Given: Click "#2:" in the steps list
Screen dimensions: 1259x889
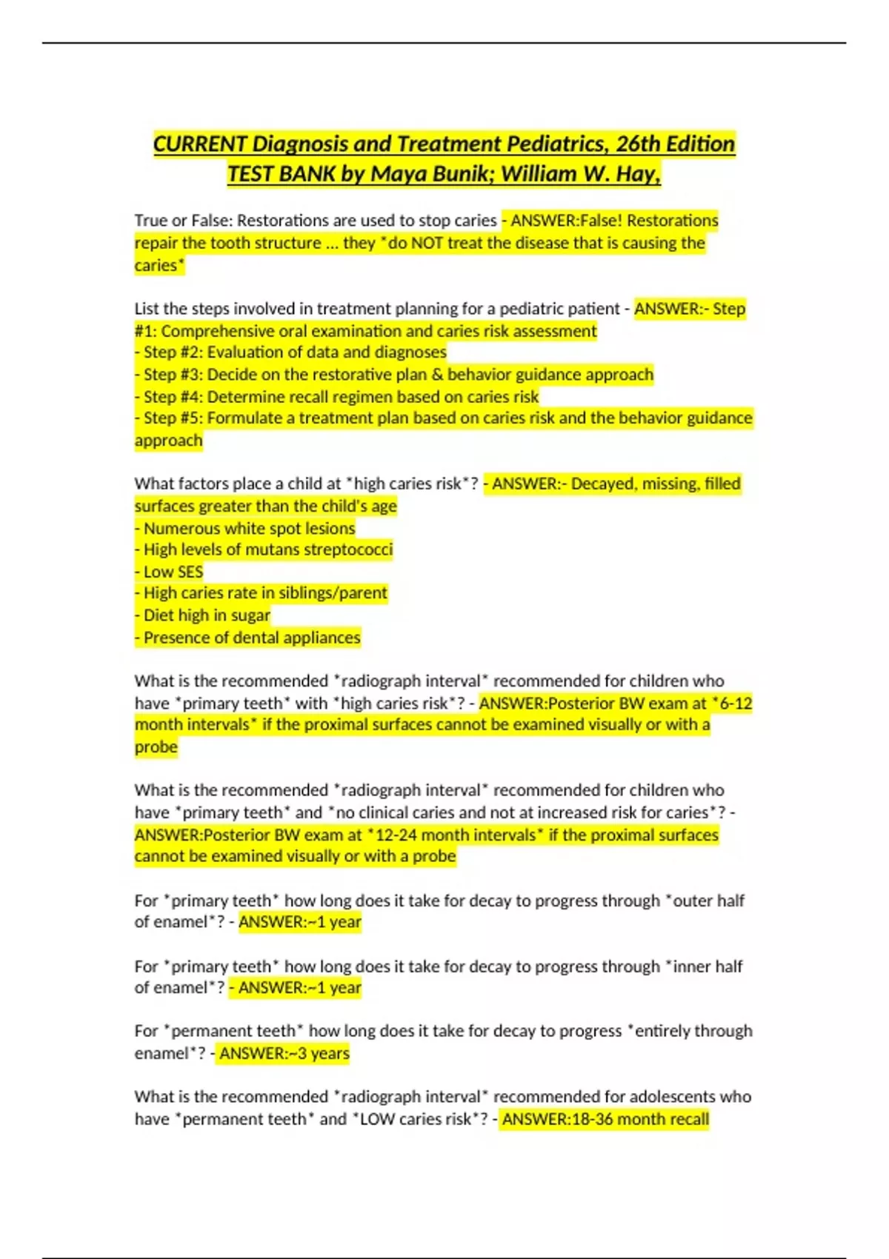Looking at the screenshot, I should [x=191, y=353].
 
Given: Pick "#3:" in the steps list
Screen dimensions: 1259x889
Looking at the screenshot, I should [x=191, y=375].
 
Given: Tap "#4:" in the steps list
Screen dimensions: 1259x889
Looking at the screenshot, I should [x=191, y=397].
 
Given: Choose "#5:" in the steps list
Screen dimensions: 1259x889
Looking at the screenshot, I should [x=191, y=418].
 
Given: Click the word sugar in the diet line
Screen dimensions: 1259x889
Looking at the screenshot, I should [x=250, y=615].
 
